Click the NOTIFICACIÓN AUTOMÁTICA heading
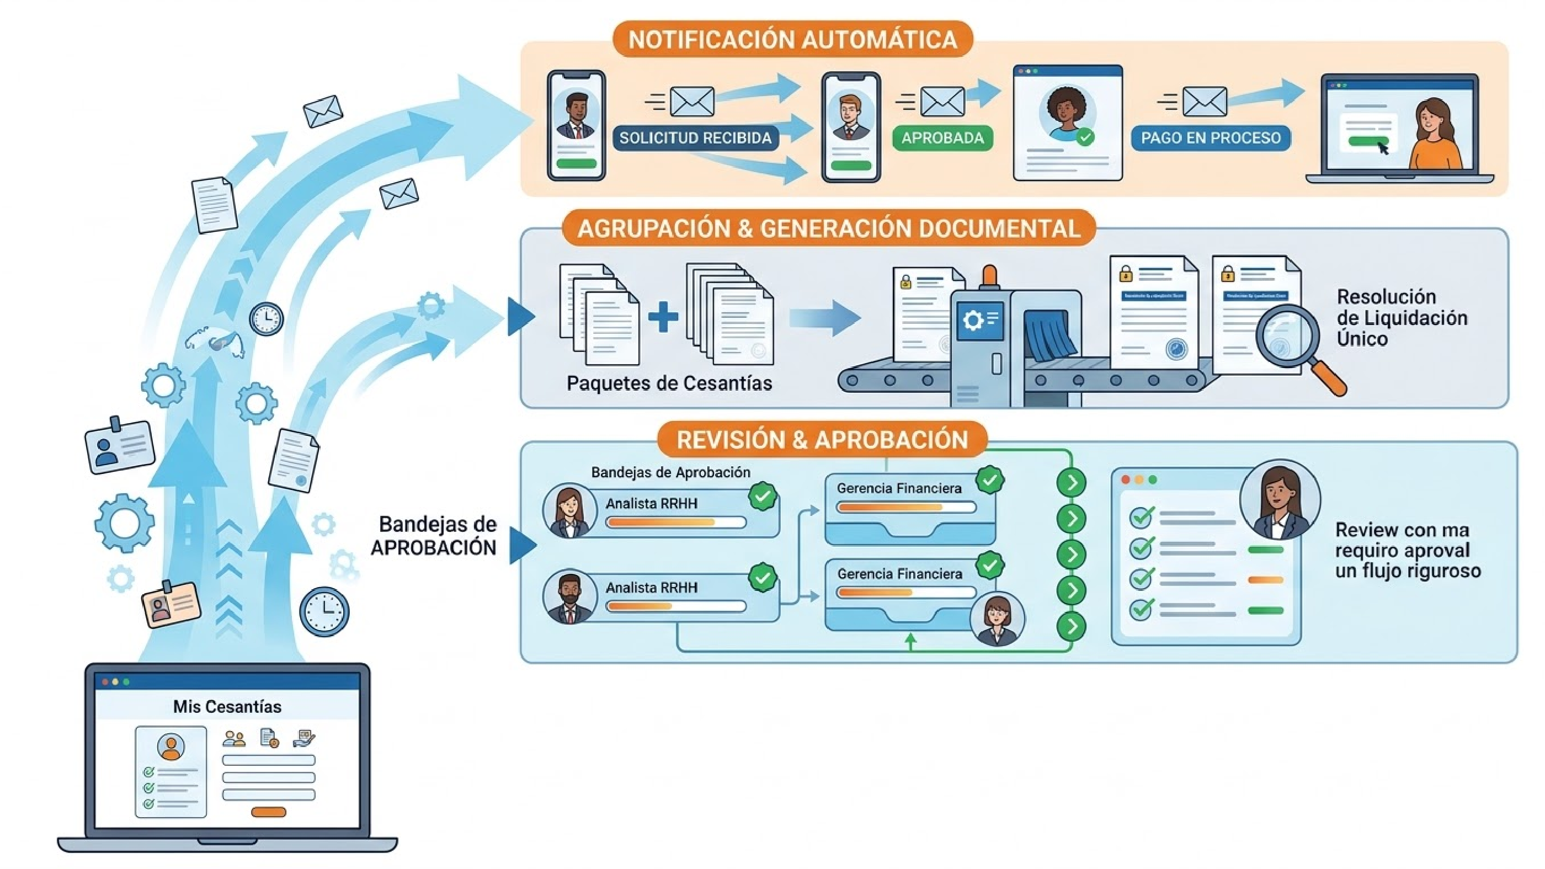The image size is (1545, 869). pos(792,40)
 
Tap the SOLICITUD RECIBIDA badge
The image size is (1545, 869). pos(695,138)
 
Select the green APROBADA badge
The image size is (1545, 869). pos(942,138)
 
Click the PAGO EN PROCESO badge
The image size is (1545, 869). pos(1210,138)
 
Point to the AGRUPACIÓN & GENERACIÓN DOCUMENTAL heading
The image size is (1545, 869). pos(828,228)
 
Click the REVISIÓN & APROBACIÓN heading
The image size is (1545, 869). pos(822,440)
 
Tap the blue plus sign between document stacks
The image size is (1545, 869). pos(663,317)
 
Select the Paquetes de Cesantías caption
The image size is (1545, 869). pos(669,383)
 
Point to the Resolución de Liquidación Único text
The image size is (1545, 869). pos(1402,317)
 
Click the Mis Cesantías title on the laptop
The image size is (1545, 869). pos(227,706)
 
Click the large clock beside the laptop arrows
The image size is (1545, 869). pos(324,611)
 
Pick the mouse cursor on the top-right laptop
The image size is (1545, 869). pos(1383,148)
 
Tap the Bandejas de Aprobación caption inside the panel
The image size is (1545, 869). pos(670,473)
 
